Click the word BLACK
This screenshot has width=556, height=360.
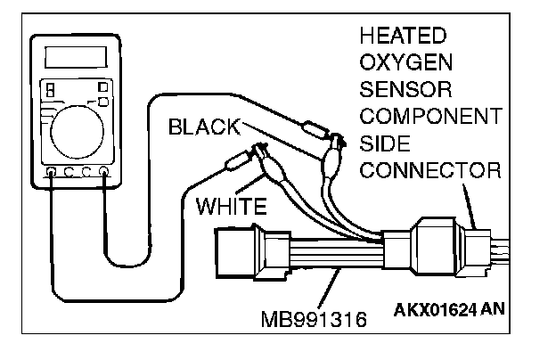coord(204,127)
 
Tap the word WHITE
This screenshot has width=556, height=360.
coord(231,207)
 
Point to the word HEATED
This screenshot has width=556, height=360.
coord(402,37)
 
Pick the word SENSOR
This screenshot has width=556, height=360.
coord(405,91)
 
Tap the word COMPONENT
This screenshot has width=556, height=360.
coord(429,118)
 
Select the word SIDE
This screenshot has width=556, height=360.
coord(384,143)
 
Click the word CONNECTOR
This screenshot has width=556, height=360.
coord(431,170)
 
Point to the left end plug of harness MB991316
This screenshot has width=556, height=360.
coord(234,252)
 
